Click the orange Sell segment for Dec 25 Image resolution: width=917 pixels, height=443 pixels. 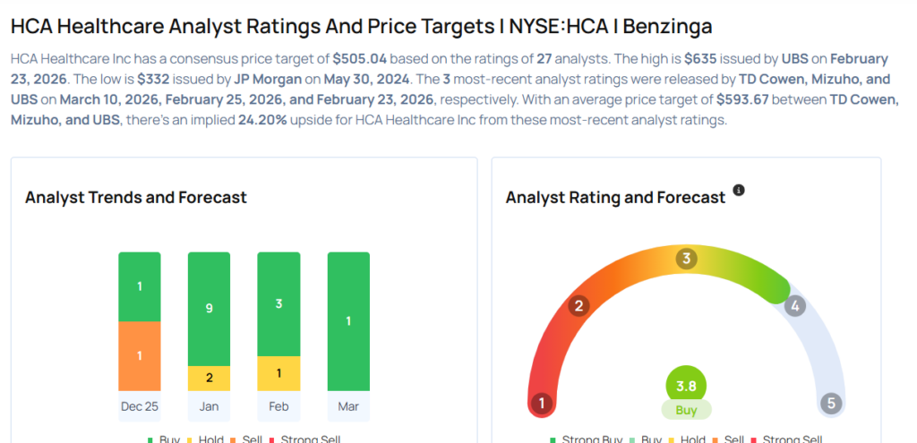[x=140, y=355]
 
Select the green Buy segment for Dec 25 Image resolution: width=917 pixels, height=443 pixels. [x=140, y=286]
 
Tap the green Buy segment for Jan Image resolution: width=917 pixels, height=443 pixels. [x=209, y=309]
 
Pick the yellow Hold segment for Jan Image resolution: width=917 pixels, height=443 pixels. [x=209, y=378]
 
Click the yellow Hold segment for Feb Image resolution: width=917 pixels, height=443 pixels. [x=279, y=372]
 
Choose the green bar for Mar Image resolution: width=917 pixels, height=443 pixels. [x=348, y=321]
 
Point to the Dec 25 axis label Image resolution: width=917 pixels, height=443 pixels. [x=140, y=406]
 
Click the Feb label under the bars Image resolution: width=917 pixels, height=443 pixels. [x=279, y=406]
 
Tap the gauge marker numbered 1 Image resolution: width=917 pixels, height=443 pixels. [x=540, y=403]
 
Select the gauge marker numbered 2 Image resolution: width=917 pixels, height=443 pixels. [x=579, y=306]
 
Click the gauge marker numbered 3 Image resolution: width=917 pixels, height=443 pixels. [x=686, y=260]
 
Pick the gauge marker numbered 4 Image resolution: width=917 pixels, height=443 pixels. [x=793, y=306]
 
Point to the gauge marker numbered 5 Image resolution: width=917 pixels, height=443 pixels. [x=831, y=403]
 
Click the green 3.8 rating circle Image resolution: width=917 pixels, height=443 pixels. [x=686, y=387]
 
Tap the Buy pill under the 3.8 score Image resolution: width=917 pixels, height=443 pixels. [x=686, y=410]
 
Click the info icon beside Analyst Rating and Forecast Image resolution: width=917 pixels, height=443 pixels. [x=739, y=191]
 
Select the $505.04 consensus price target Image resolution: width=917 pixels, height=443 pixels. [x=360, y=59]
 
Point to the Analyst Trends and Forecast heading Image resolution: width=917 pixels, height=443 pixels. [x=136, y=197]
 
